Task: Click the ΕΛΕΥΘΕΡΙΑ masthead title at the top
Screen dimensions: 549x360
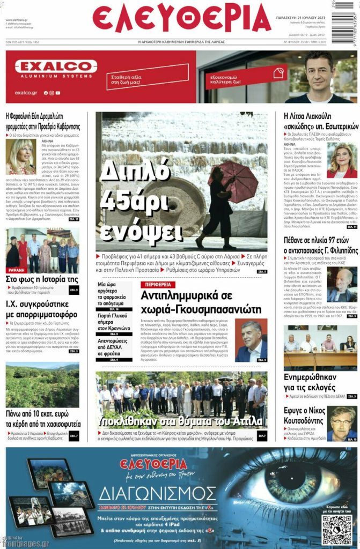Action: pyautogui.click(x=181, y=19)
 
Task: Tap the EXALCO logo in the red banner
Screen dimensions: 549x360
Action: pyautogui.click(x=56, y=67)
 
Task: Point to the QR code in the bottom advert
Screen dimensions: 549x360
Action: pyautogui.click(x=336, y=530)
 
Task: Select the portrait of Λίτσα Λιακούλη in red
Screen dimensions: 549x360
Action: pyautogui.click(x=342, y=160)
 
